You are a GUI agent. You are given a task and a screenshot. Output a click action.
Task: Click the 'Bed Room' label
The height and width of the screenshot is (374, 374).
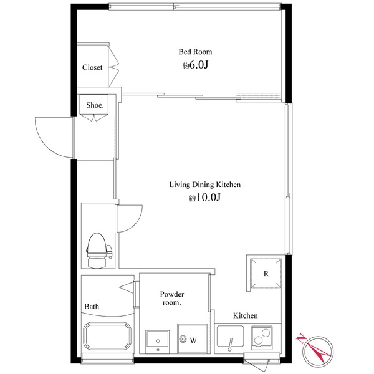[x=195, y=52]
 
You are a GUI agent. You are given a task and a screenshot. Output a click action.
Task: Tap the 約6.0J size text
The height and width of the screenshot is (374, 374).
[x=195, y=65]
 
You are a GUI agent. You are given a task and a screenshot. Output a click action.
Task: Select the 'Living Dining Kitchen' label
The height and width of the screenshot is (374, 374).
[x=205, y=185]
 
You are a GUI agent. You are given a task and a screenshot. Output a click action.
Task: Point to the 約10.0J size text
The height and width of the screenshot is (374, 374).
[x=204, y=198]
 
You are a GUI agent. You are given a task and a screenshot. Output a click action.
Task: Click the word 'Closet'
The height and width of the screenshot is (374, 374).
[x=92, y=67]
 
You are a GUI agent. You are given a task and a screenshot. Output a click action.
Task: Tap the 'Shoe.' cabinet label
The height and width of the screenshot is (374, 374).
[x=95, y=105]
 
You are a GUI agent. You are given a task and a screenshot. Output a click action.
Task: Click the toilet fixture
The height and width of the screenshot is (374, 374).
[x=99, y=251]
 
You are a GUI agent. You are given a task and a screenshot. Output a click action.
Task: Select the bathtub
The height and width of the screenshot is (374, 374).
[x=107, y=336]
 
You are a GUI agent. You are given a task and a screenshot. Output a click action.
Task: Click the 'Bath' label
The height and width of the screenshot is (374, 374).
[x=92, y=307]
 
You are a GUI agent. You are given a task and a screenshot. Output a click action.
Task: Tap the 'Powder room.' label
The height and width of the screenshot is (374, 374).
[x=172, y=299]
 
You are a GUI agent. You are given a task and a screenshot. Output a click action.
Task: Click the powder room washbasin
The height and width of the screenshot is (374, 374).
[x=158, y=342]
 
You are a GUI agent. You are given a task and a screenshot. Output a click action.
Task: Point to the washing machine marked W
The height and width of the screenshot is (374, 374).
[x=192, y=338]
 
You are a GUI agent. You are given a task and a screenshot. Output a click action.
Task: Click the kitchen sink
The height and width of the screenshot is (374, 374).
[x=230, y=337]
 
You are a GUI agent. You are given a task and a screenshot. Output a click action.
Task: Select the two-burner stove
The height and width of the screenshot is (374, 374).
[x=262, y=338]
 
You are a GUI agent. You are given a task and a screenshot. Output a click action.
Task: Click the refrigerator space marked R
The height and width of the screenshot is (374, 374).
[x=266, y=274]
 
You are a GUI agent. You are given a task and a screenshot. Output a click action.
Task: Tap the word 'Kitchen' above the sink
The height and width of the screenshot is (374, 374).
[x=246, y=315]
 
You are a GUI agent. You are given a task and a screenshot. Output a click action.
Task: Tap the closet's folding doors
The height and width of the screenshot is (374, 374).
[x=113, y=65]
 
